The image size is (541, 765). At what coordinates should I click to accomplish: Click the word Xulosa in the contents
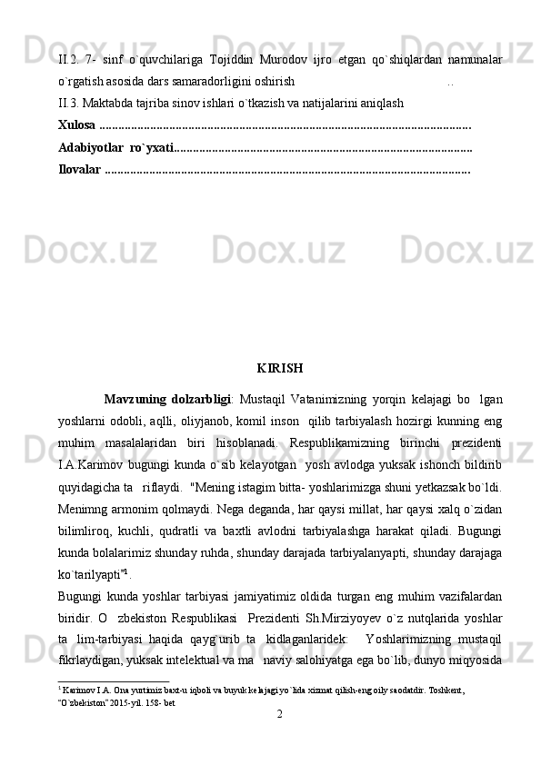coord(76,123)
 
